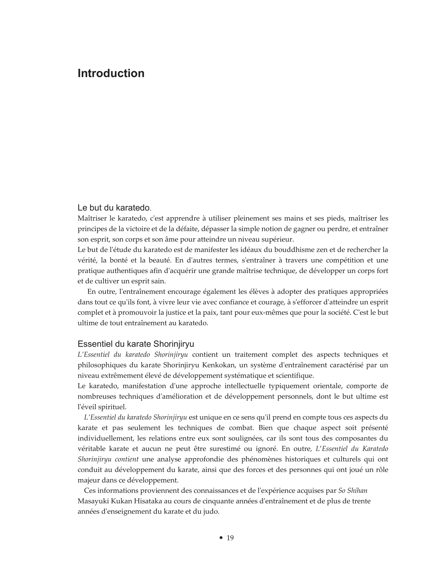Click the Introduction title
[111, 73]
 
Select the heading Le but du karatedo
[114, 208]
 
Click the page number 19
[230, 538]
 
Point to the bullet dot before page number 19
[221, 538]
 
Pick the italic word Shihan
[357, 490]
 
